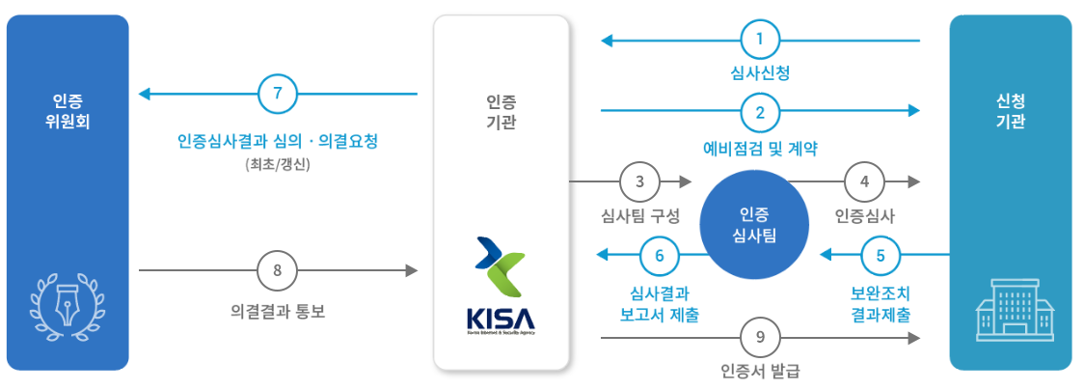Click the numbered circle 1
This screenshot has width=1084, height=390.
pyautogui.click(x=760, y=41)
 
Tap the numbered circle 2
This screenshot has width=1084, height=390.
pyautogui.click(x=760, y=112)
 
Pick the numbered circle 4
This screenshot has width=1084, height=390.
pyautogui.click(x=864, y=181)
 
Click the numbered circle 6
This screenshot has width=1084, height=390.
pyautogui.click(x=660, y=255)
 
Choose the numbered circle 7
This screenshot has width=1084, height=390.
pyautogui.click(x=278, y=94)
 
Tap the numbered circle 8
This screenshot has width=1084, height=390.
pyautogui.click(x=278, y=271)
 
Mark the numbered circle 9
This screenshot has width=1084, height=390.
pyautogui.click(x=760, y=338)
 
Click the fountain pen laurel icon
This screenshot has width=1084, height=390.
pyautogui.click(x=68, y=301)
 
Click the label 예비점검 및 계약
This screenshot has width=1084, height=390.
pyautogui.click(x=760, y=148)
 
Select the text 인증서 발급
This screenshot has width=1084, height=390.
pyautogui.click(x=760, y=371)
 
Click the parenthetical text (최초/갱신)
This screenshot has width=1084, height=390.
pyautogui.click(x=278, y=164)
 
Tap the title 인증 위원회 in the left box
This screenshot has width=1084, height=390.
pyautogui.click(x=68, y=111)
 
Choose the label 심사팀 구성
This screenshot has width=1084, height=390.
pyautogui.click(x=640, y=215)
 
